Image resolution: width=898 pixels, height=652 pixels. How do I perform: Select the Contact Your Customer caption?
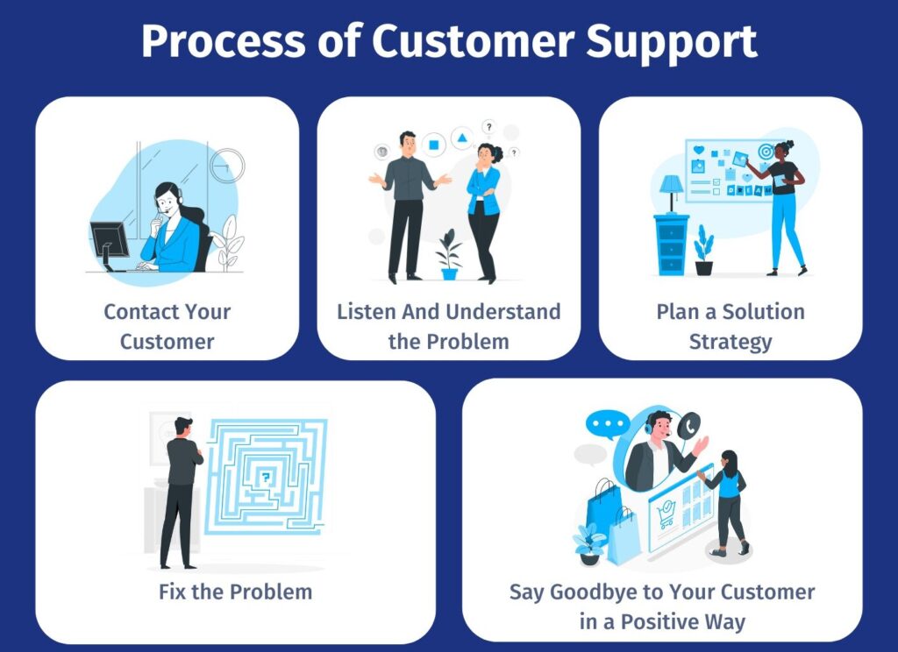click(x=167, y=326)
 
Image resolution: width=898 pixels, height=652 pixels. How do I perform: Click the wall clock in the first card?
click(x=227, y=165)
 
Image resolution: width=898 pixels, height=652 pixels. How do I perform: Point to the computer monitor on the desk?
click(x=110, y=238)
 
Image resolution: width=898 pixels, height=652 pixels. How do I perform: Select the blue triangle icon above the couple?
click(x=461, y=138)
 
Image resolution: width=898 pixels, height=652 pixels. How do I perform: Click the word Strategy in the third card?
click(x=731, y=341)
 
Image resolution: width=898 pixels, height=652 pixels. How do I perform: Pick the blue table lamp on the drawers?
click(x=672, y=189)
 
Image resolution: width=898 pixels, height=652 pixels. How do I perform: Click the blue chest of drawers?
click(x=672, y=245)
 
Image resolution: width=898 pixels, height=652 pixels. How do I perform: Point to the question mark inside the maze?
click(x=266, y=478)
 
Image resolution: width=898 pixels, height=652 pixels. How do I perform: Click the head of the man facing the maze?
click(x=182, y=427)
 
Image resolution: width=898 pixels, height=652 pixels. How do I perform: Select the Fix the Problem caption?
click(x=235, y=592)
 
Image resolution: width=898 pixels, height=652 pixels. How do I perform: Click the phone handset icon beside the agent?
click(x=690, y=425)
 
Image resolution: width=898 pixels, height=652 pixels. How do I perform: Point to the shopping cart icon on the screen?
click(x=666, y=517)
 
